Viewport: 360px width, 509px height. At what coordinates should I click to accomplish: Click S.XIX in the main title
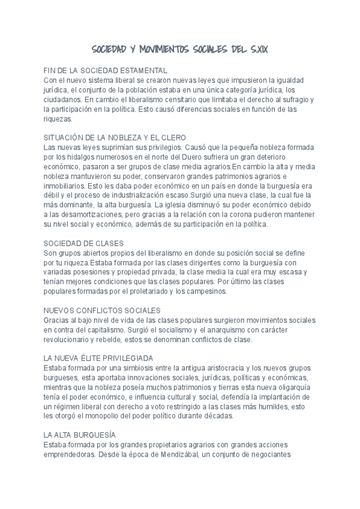click(256, 48)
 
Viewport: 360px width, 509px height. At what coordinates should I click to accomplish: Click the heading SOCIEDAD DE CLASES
click(84, 243)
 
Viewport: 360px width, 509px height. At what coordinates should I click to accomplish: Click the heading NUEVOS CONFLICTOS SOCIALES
click(102, 310)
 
